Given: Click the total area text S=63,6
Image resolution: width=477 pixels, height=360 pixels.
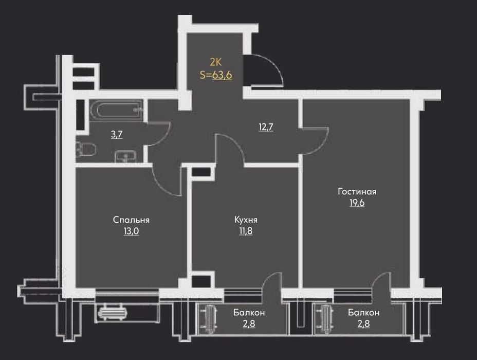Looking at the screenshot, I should pyautogui.click(x=215, y=75).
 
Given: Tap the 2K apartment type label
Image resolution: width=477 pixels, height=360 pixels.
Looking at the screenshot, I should pyautogui.click(x=215, y=62).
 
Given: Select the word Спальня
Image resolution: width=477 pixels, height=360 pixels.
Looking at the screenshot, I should pyautogui.click(x=131, y=220).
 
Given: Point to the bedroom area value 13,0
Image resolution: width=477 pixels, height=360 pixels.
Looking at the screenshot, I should pyautogui.click(x=131, y=231).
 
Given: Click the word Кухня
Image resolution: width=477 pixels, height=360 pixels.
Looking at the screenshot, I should pyautogui.click(x=246, y=220).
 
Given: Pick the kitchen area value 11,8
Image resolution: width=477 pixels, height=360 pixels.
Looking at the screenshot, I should pyautogui.click(x=246, y=231).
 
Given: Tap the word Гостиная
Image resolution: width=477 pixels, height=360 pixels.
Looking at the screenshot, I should pyautogui.click(x=357, y=192).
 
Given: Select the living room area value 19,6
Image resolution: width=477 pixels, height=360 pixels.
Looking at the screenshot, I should pyautogui.click(x=357, y=203).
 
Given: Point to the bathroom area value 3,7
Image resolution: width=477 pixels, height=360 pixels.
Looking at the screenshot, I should pyautogui.click(x=116, y=135).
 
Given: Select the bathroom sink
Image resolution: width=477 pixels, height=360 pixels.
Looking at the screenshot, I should pyautogui.click(x=124, y=156).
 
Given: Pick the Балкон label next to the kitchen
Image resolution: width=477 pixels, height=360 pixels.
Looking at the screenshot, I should pyautogui.click(x=249, y=313).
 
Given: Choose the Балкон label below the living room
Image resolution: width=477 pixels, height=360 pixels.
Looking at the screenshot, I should pyautogui.click(x=363, y=313).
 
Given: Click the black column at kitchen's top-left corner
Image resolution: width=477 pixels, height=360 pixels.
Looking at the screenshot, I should pyautogui.click(x=201, y=172).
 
